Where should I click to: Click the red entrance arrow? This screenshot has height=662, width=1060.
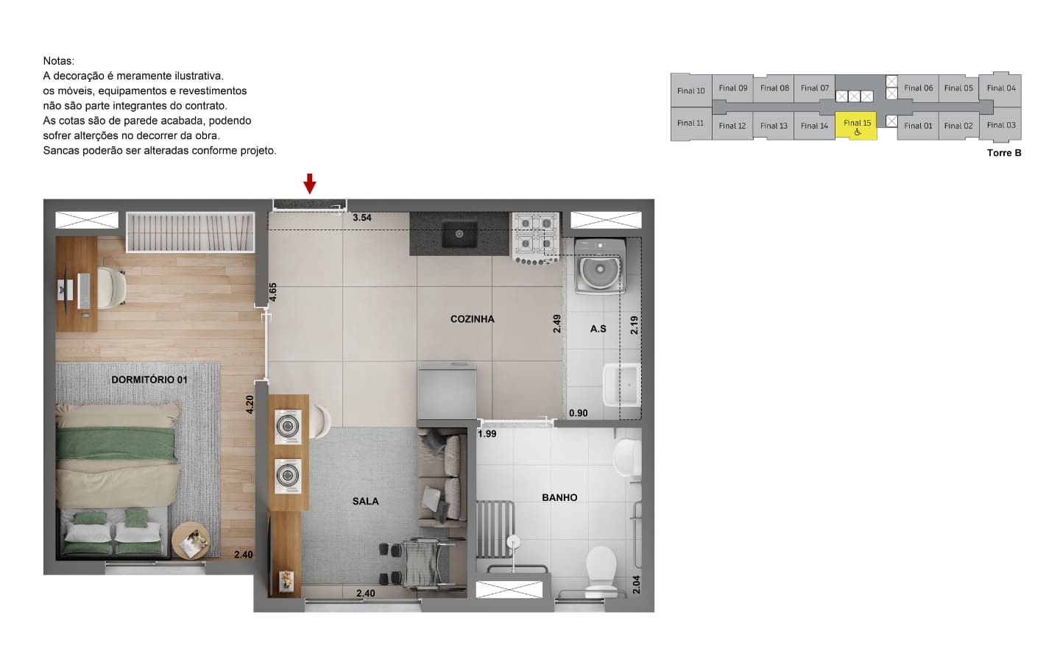309,183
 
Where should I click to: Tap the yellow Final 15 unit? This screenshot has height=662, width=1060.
856,127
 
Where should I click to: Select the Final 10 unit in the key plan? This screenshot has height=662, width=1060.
691,90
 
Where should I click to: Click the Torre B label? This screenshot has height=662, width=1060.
1004,153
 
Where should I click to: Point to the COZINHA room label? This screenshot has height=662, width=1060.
473,319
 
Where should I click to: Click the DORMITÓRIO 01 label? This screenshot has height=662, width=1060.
149,380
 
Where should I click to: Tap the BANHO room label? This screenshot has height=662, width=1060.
559,497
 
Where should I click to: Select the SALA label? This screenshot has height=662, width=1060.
365,501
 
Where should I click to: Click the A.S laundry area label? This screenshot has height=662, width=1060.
598,329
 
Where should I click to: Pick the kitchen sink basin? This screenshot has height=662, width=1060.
459,234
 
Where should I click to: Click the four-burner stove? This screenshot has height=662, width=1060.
536,238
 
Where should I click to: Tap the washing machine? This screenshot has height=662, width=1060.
600,267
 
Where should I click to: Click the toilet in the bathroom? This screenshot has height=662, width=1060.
601,572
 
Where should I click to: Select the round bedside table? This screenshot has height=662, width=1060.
191,541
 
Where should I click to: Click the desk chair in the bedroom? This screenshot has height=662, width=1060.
112,288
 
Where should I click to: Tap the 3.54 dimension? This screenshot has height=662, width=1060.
362,218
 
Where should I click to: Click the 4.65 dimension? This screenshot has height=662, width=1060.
272,292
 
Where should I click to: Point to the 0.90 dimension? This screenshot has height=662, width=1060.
579,413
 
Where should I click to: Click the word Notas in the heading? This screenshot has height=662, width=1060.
59,61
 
